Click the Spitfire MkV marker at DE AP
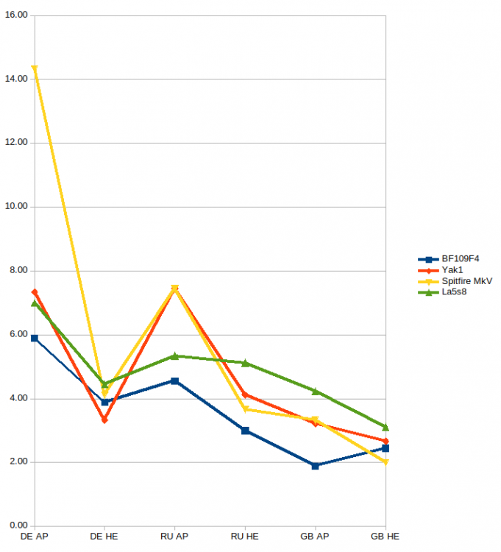pyautogui.click(x=35, y=69)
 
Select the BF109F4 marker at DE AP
pyautogui.click(x=35, y=338)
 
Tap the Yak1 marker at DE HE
pyautogui.click(x=104, y=420)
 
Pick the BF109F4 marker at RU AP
pyautogui.click(x=174, y=381)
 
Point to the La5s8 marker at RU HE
pyautogui.click(x=245, y=363)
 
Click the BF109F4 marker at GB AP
pyautogui.click(x=315, y=465)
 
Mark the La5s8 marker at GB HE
pyautogui.click(x=385, y=427)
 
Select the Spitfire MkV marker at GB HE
pyautogui.click(x=385, y=462)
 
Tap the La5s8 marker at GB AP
pyautogui.click(x=315, y=391)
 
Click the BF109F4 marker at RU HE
pyautogui.click(x=245, y=431)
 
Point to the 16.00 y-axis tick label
pyautogui.click(x=16, y=15)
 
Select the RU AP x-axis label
pyautogui.click(x=174, y=537)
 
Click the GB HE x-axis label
pyautogui.click(x=385, y=537)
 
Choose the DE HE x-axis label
pyautogui.click(x=104, y=537)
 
